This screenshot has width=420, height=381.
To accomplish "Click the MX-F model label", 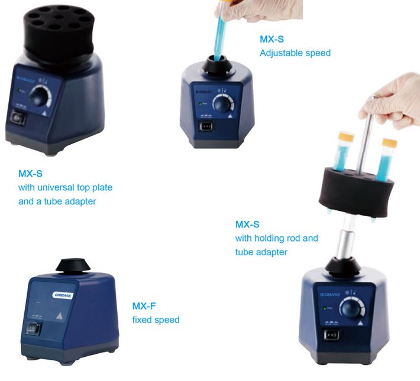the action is pyautogui.click(x=144, y=306).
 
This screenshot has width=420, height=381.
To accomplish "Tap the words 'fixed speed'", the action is pyautogui.click(x=156, y=320).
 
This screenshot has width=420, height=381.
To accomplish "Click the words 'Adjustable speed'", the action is pyautogui.click(x=295, y=53).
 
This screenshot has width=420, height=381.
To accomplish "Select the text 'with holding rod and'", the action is pyautogui.click(x=277, y=238).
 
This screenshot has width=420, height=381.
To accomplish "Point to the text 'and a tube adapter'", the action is pyautogui.click(x=57, y=201).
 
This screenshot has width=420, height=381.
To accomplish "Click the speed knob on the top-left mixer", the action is pyautogui.click(x=40, y=96).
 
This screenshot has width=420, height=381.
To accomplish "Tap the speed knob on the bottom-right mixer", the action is pyautogui.click(x=351, y=308).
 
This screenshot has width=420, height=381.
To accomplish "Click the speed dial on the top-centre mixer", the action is pyautogui.click(x=223, y=104).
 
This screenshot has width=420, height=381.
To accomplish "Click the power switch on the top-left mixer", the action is pyautogui.click(x=18, y=118).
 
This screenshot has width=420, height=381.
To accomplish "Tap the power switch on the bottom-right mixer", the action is pyautogui.click(x=331, y=336).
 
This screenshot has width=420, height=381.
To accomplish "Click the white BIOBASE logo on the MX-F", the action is pyautogui.click(x=63, y=295).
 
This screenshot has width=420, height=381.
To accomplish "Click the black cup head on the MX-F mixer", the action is pyautogui.click(x=73, y=265).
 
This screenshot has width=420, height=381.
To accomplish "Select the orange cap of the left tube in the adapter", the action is pyautogui.click(x=346, y=136).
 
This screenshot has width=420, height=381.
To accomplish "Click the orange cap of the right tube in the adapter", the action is pyautogui.click(x=389, y=143).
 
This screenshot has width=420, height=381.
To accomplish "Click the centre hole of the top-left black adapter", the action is pyautogui.click(x=59, y=17).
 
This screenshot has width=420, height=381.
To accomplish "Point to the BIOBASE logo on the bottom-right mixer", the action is pyautogui.click(x=330, y=295).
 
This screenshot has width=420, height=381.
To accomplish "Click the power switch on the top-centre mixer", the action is pyautogui.click(x=206, y=126).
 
